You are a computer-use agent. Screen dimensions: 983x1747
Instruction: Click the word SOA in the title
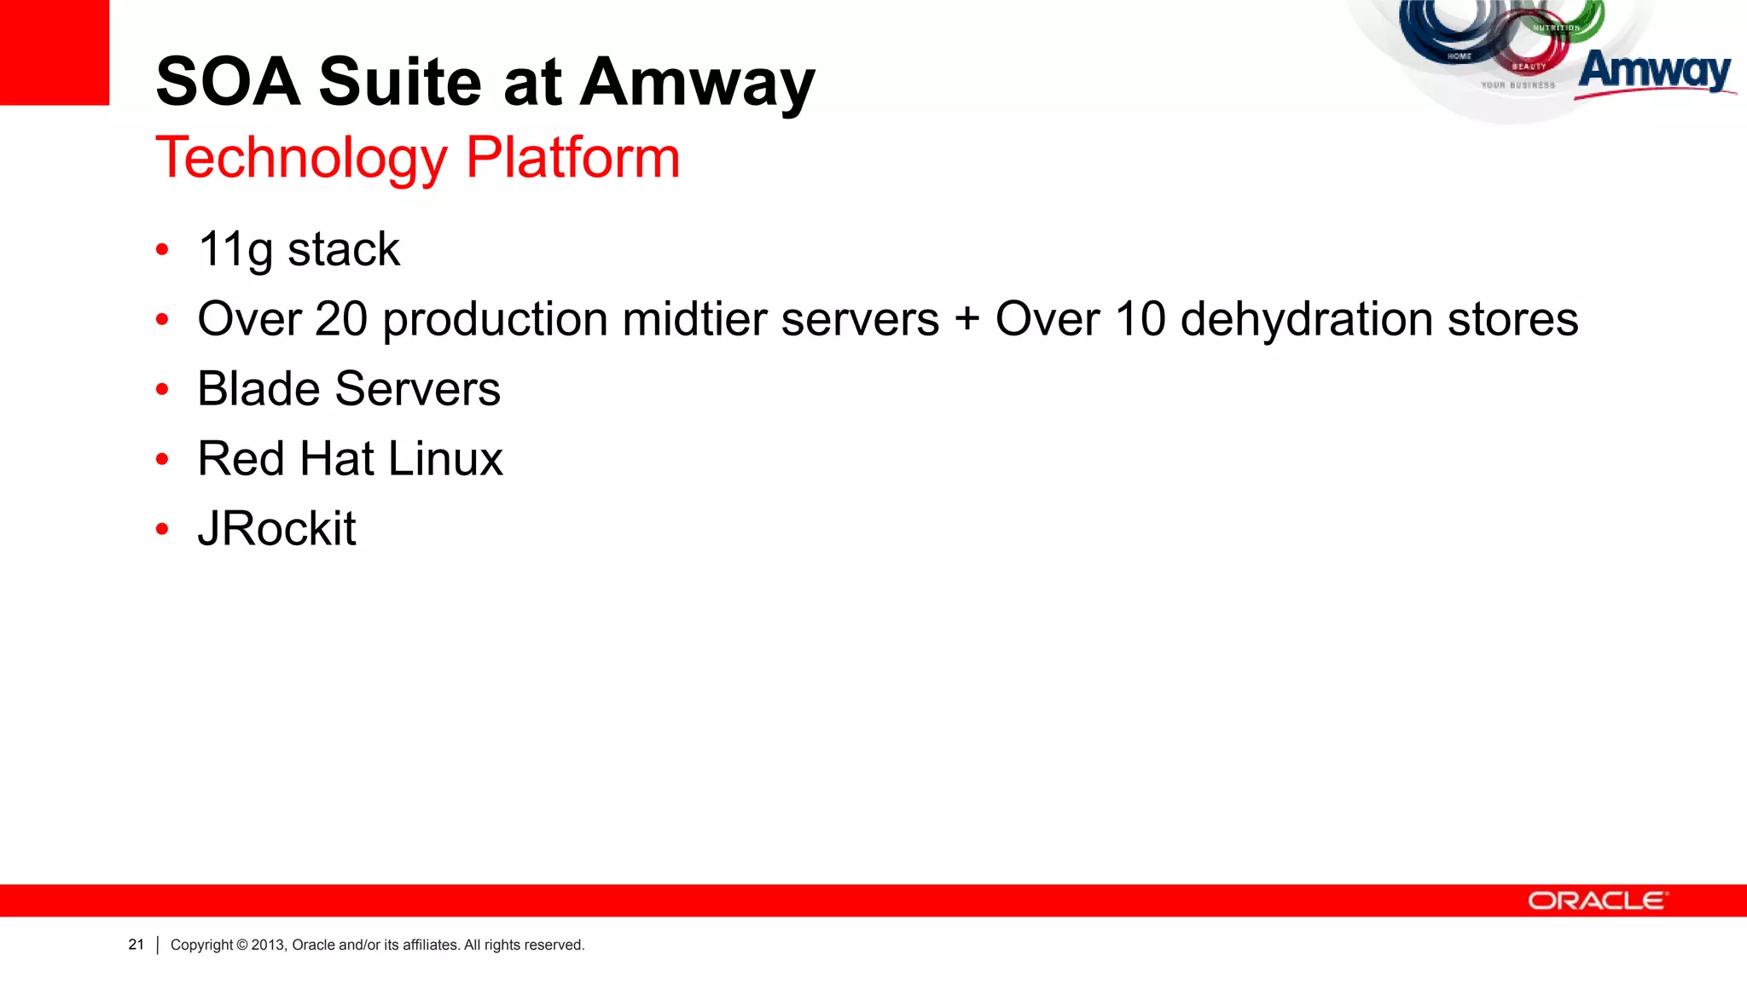point(228,82)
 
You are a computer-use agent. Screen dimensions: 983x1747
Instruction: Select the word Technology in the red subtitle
point(301,159)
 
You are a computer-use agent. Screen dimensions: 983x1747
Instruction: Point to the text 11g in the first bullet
point(235,250)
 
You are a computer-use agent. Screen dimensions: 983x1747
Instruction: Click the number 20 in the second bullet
point(341,319)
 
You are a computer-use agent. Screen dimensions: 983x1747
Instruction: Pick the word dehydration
point(1306,319)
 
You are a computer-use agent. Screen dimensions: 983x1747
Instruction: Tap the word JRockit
point(276,529)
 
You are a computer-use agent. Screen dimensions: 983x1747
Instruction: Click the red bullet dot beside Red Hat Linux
point(163,460)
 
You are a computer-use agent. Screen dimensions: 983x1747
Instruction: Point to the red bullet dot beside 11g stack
point(163,250)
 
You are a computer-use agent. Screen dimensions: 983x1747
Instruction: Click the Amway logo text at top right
point(1654,72)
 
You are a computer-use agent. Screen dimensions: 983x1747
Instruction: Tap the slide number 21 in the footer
point(136,945)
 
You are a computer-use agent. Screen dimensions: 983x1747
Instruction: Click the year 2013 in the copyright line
point(268,945)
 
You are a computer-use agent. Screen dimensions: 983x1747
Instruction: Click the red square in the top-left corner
point(55,52)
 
